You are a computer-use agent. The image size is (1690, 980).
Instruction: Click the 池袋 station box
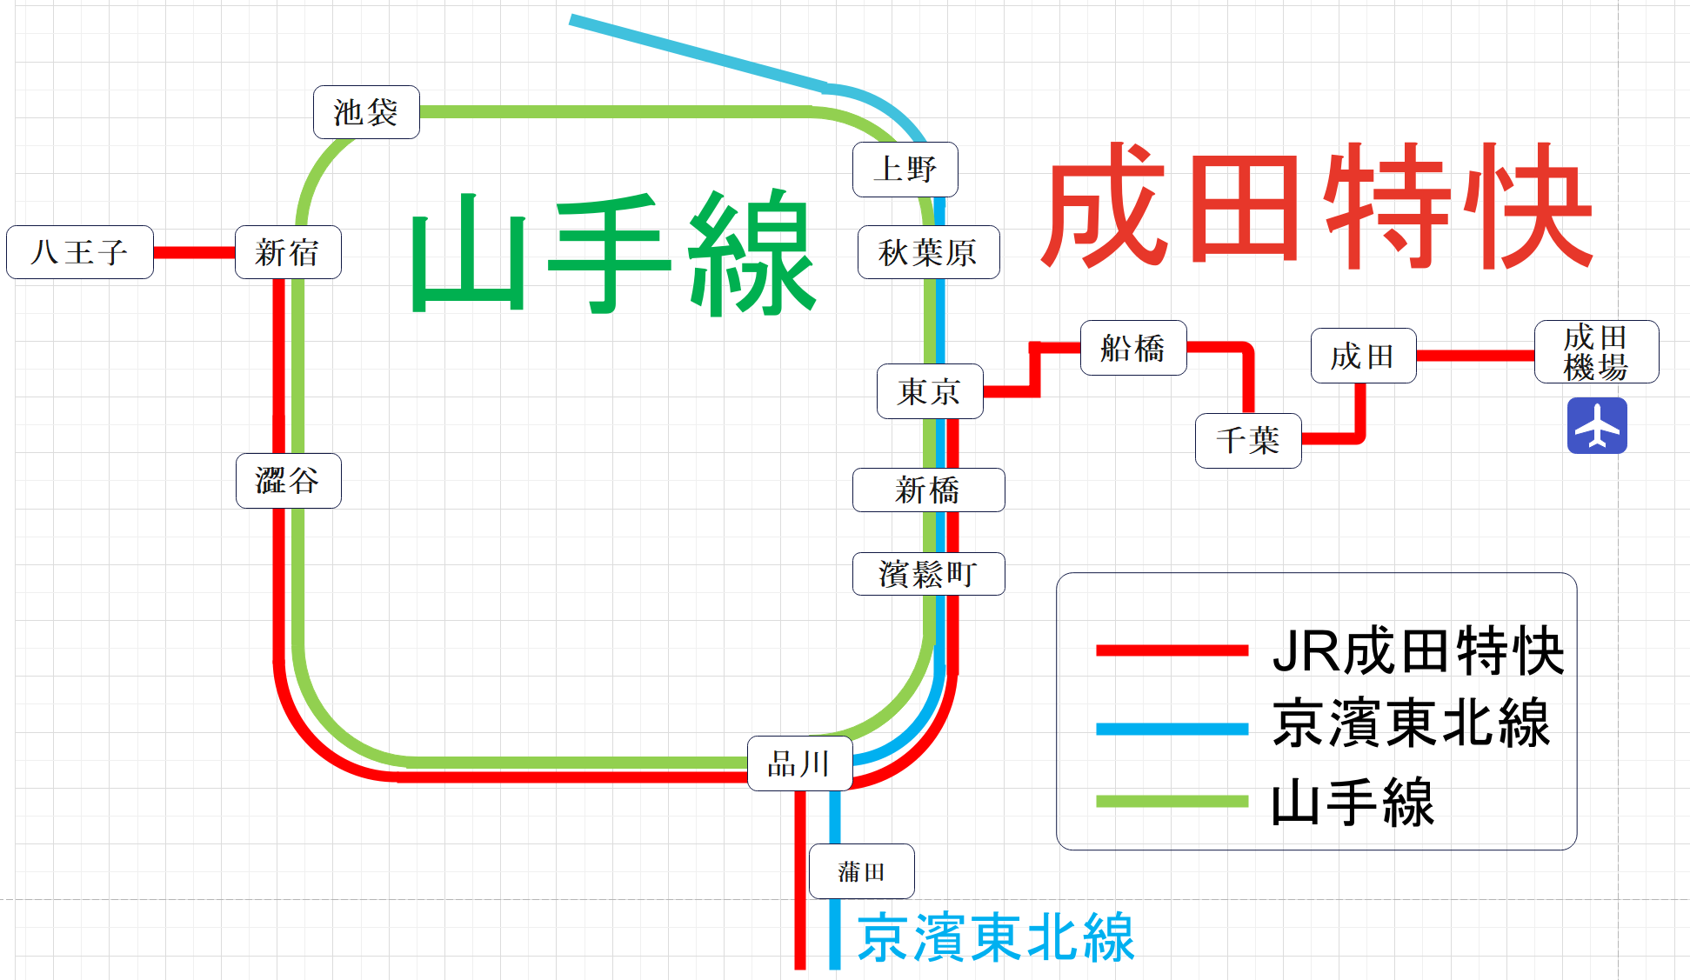click(x=366, y=112)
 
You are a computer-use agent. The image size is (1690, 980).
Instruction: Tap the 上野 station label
click(x=905, y=169)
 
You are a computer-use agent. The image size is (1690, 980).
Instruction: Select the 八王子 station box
click(x=80, y=252)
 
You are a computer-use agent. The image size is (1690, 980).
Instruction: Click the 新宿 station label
click(x=288, y=252)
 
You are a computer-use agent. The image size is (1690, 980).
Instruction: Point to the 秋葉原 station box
click(x=928, y=252)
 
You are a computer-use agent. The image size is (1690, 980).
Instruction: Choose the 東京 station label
click(x=930, y=391)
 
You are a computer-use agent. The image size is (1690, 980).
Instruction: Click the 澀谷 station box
click(x=288, y=480)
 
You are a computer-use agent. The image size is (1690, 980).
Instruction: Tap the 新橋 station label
click(x=928, y=490)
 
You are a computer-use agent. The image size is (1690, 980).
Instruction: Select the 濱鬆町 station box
click(x=928, y=574)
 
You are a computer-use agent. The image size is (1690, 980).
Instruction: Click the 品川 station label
click(x=799, y=763)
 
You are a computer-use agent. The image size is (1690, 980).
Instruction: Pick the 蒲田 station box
click(x=861, y=871)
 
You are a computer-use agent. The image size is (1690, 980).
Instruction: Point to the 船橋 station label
click(x=1132, y=348)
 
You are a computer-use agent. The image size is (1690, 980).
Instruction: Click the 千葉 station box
click(x=1248, y=440)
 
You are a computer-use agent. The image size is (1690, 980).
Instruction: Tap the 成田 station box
click(x=1363, y=356)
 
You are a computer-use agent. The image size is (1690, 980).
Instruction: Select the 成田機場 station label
click(x=1596, y=351)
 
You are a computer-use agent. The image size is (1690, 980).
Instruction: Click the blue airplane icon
click(x=1597, y=426)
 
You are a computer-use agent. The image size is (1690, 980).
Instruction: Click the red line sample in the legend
click(x=1172, y=650)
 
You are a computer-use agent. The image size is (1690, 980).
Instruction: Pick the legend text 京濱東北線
click(x=1411, y=723)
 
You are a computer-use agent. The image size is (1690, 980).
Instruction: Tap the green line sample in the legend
click(x=1172, y=801)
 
